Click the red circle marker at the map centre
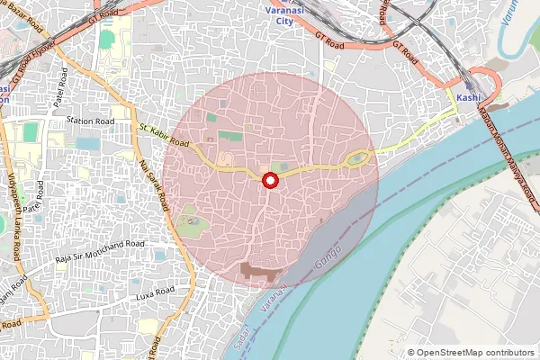tap(269, 181)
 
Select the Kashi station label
tap(468, 96)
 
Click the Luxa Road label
tap(125, 295)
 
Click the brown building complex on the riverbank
tap(259, 269)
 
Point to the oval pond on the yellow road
tap(357, 159)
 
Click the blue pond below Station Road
tap(88, 144)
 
